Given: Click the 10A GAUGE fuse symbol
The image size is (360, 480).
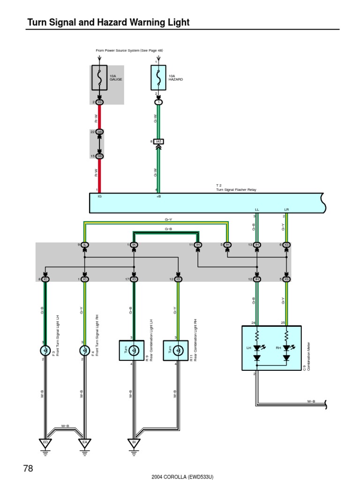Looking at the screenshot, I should coord(99,77).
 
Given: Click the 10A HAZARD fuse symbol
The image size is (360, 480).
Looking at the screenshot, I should coord(158,77).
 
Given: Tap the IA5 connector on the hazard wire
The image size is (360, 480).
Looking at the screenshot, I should coord(158,141).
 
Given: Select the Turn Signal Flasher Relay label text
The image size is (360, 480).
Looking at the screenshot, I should coord(236,189).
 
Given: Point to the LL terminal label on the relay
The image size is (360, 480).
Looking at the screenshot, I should coord(256,209).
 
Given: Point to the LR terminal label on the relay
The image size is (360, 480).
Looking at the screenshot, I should coord(286,209).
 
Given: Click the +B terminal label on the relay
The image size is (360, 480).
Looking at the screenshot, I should coord(158,197).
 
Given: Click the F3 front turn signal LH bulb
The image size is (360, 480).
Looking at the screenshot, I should coord(45,350).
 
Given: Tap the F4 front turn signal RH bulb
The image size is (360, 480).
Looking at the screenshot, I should coord(84,350).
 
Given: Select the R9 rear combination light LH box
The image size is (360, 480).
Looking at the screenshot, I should coord(132,350).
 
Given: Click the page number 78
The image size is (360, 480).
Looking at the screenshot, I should coord(28,468).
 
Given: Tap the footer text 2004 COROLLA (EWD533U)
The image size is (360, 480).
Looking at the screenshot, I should coord(182,476).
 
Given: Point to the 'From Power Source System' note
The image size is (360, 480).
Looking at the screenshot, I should coord(129,50).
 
